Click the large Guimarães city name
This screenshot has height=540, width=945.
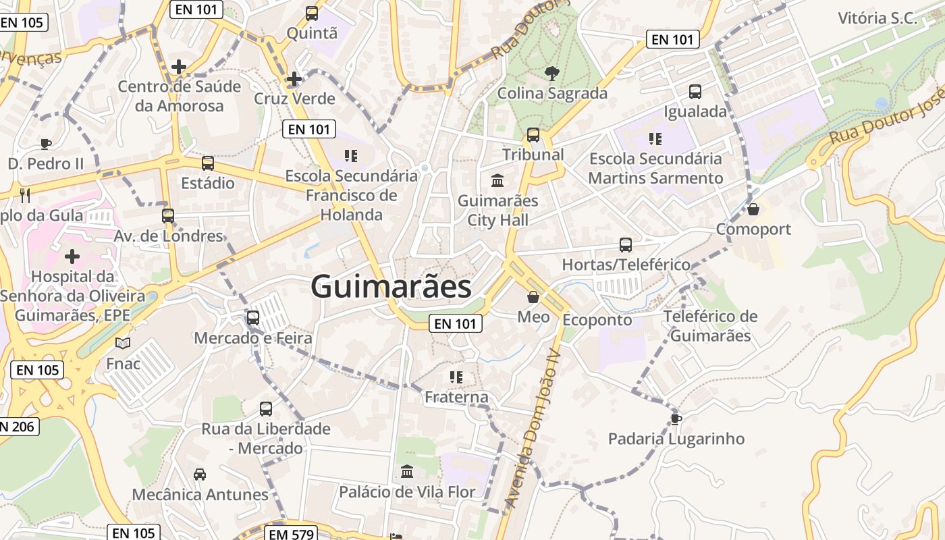pos(391,287)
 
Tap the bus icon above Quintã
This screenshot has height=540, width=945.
pos(312,13)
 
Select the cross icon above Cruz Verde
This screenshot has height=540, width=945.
pos(294,79)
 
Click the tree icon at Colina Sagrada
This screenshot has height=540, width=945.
pos(552,73)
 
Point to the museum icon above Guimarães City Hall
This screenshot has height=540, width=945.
pos(498,180)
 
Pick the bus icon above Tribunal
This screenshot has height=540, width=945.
pos(533,134)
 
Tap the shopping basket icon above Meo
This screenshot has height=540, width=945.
pos(533,296)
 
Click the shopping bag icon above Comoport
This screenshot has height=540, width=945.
pos(753,209)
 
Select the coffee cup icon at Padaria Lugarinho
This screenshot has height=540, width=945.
pos(676,419)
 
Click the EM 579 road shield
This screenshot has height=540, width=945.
pos(291,534)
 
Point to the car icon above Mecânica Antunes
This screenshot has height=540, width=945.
pos(200,475)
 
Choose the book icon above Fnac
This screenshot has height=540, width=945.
pos(123,344)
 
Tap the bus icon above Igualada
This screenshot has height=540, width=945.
pos(695,91)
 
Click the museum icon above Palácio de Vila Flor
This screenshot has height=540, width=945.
pos(407,471)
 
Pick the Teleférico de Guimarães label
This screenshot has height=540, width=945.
pos(711,326)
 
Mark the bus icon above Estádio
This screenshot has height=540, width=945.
pos(208,163)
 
